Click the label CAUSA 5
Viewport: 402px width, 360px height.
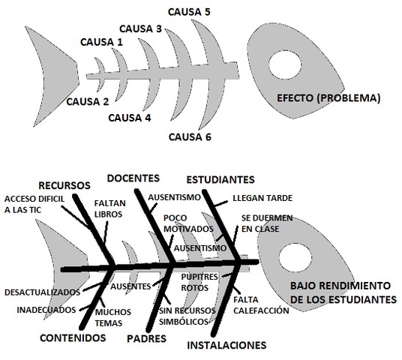(190, 12)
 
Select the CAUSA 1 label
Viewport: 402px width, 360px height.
(100, 43)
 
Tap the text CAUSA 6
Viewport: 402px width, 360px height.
(190, 136)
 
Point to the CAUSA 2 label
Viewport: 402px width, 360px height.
(87, 101)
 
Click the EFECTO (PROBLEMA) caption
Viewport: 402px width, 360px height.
(328, 97)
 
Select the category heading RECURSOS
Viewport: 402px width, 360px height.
(64, 184)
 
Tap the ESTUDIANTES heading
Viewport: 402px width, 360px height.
(220, 180)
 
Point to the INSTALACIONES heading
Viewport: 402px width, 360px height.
(226, 346)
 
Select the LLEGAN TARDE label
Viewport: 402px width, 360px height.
(262, 198)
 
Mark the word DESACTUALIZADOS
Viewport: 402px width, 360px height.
(41, 291)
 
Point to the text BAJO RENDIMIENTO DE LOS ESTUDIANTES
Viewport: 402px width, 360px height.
(343, 292)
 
